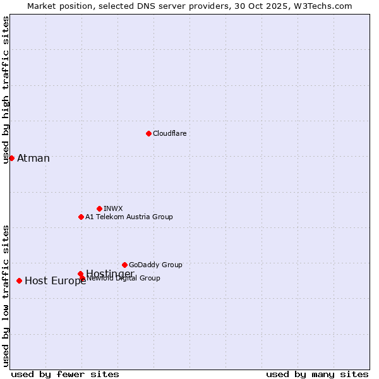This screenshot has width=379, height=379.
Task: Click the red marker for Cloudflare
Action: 148,133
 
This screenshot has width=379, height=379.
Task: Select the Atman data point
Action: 11,158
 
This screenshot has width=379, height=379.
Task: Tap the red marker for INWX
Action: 99,208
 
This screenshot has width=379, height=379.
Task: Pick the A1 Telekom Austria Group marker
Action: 81,217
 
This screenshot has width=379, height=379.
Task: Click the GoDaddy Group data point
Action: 124,265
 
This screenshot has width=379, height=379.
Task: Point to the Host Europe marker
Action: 20,280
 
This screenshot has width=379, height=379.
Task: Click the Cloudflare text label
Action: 169,133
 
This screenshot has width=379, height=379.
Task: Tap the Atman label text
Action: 33,158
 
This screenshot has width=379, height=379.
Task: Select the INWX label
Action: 113,208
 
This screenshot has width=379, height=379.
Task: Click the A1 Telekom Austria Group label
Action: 129,217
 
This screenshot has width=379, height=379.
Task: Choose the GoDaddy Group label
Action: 155,265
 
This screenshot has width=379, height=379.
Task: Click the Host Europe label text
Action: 55,281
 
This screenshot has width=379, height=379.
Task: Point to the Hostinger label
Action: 110,273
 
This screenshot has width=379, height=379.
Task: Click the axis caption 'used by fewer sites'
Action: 65,375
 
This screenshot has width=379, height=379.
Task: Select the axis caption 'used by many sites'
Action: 317,375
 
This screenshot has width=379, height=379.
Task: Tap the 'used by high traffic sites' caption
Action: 6,90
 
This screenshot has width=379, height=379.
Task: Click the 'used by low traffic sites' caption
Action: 6,296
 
